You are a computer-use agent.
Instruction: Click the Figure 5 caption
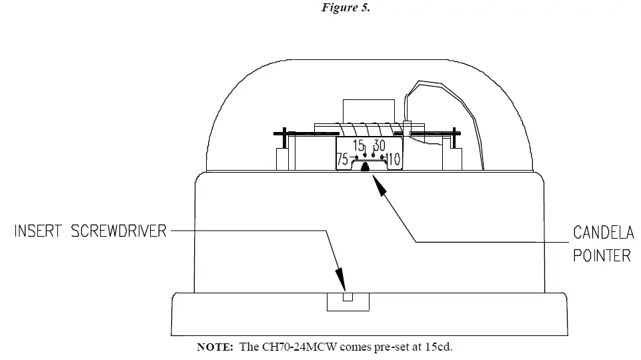click(346, 8)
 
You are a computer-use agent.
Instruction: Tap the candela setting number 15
click(359, 145)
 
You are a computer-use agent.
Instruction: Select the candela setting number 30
click(379, 145)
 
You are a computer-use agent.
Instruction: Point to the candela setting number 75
click(342, 160)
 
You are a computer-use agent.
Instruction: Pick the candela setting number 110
click(393, 160)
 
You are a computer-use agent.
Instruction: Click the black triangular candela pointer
click(365, 167)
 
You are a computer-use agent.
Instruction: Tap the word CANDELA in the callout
click(603, 233)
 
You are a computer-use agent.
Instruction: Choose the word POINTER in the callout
click(602, 255)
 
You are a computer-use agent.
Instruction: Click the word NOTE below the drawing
click(213, 347)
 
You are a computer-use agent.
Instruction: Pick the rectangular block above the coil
click(361, 110)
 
